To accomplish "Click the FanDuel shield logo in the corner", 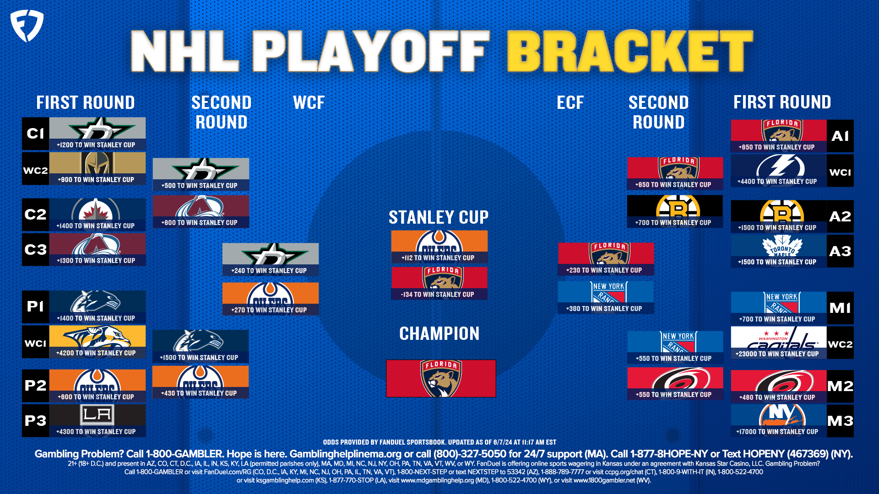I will [27, 26].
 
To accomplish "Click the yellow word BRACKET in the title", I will [629, 51].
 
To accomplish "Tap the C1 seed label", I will [35, 134].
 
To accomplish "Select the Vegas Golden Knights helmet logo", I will [97, 163].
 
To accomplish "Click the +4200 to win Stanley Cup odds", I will [96, 353].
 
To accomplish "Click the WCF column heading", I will [309, 102].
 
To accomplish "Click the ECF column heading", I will [570, 102].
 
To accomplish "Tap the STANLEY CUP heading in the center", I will [439, 217].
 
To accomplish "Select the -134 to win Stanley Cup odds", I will [438, 295].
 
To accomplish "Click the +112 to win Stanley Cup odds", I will [438, 258].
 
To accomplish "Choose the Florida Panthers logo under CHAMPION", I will [441, 378].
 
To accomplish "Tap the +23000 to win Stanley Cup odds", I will [777, 354].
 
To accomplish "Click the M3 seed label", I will [840, 421].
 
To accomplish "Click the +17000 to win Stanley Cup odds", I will [777, 432].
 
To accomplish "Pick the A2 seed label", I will [840, 216].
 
